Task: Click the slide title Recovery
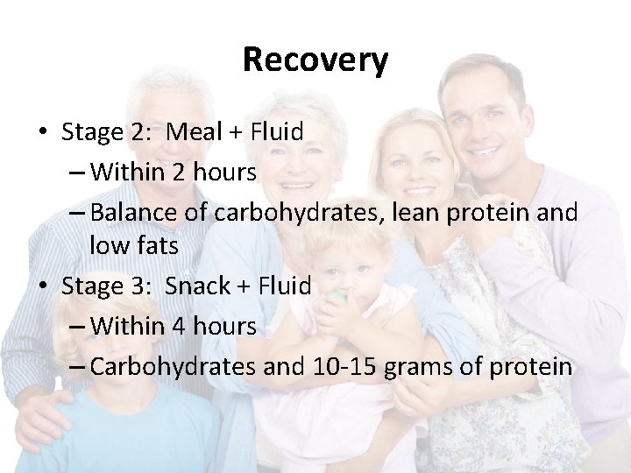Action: tap(315, 60)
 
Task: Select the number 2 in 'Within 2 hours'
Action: tap(178, 173)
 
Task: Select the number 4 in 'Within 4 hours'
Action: tap(178, 327)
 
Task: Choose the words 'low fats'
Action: tap(134, 247)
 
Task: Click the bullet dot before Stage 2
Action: tap(43, 133)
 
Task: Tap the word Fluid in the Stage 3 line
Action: tap(284, 286)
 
